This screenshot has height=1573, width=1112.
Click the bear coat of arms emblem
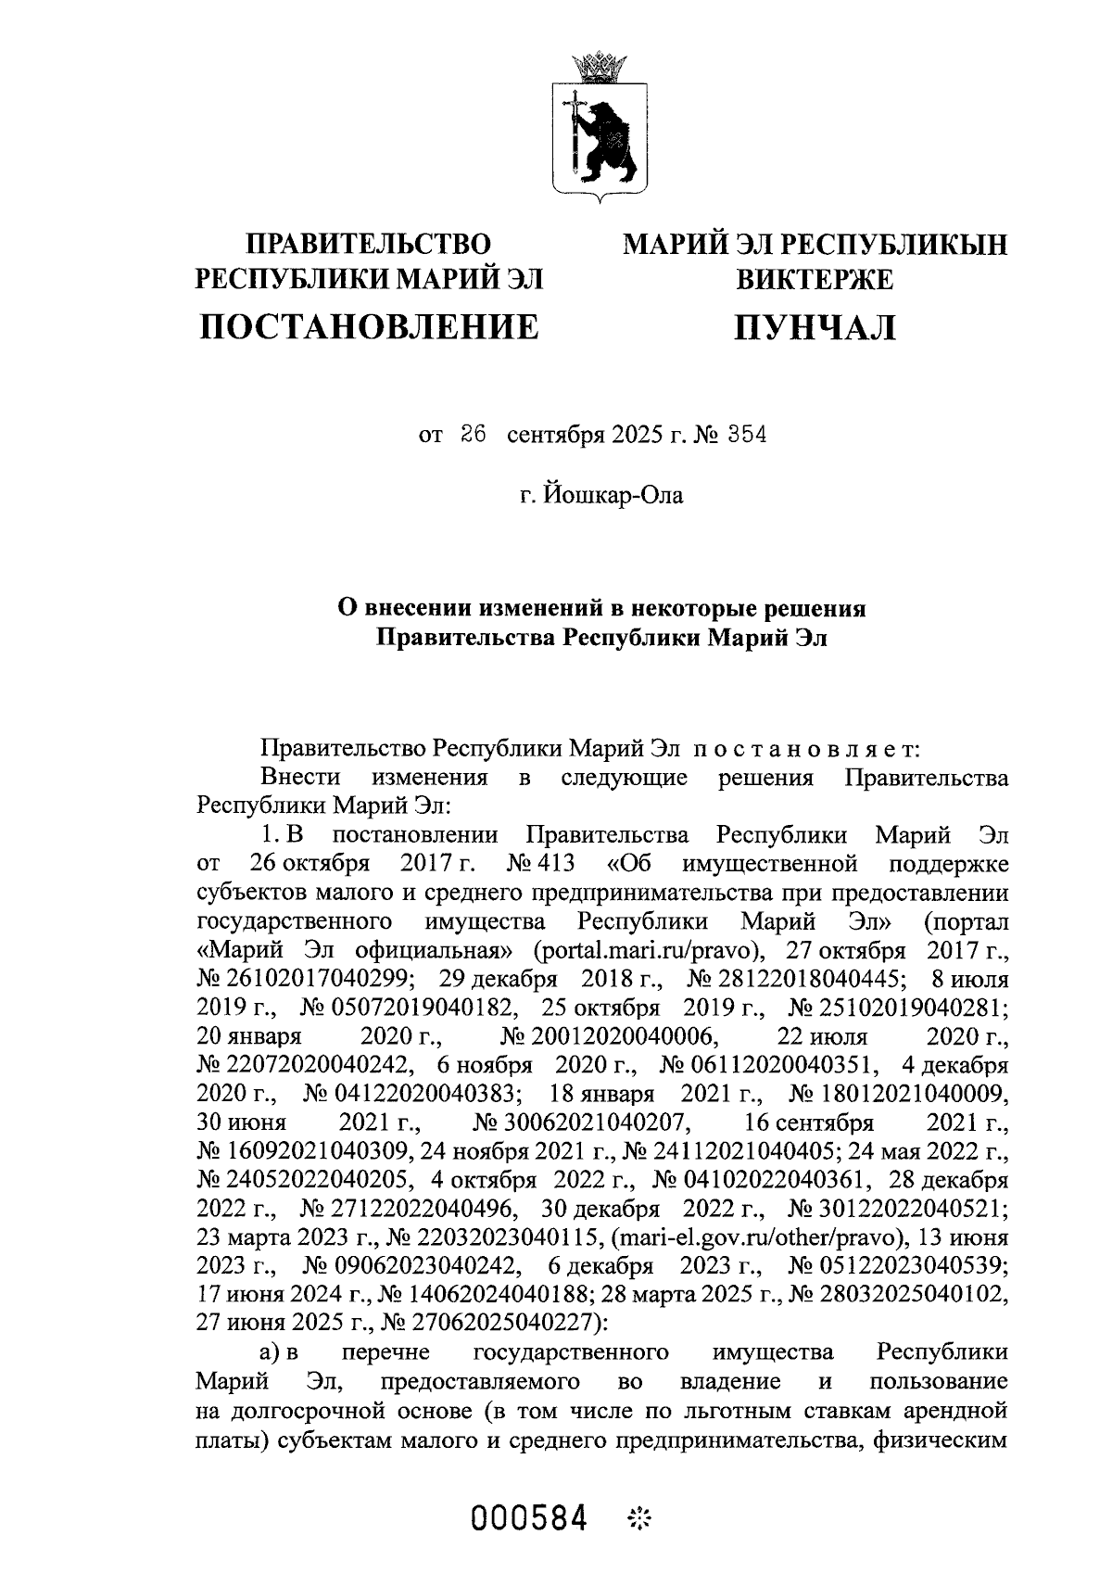coord(600,137)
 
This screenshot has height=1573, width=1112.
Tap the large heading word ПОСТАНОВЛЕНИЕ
coord(370,326)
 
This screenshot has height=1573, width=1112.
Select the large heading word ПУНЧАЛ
coord(815,326)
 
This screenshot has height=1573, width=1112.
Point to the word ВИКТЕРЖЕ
coord(815,279)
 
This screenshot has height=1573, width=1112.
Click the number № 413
coord(541,864)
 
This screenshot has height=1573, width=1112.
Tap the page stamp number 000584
coord(530,1518)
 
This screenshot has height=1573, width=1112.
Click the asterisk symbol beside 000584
coord(639,1518)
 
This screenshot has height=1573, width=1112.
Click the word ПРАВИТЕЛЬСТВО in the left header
coord(368,245)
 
